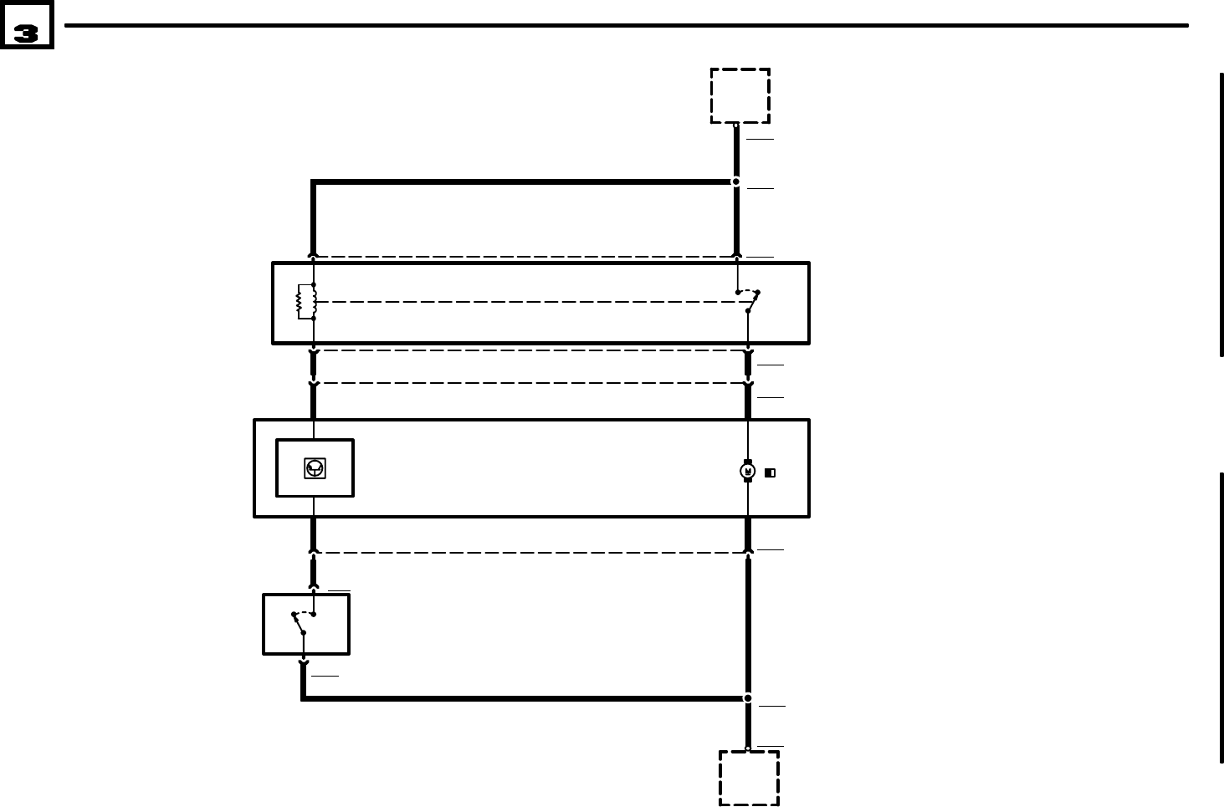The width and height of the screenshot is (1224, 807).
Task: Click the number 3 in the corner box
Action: coord(26,33)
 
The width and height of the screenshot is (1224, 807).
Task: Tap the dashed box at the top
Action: coord(740,96)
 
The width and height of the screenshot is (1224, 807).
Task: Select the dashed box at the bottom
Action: coord(749,778)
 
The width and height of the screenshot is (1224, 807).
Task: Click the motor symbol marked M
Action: coord(748,472)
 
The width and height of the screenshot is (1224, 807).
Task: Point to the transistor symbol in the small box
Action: coord(315,468)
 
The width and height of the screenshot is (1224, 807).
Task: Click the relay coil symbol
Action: coord(305,302)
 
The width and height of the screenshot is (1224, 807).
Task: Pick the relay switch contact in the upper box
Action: coord(751,301)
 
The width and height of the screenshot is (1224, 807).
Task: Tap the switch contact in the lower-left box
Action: coord(301,623)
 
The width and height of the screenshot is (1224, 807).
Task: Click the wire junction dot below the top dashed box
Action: coord(736,181)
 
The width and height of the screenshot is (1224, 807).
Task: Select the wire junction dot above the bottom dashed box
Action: coord(748,698)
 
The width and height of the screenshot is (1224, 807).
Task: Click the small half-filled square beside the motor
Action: coord(770,473)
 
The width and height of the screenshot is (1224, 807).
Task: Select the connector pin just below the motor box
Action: coord(748,551)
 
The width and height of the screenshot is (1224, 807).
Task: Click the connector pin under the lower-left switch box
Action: coord(303,664)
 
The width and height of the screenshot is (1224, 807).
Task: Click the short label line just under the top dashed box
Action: coord(760,139)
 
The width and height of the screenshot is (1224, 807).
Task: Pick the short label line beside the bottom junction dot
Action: coord(771,707)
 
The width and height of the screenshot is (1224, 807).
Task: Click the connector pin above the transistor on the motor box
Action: coord(313,384)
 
